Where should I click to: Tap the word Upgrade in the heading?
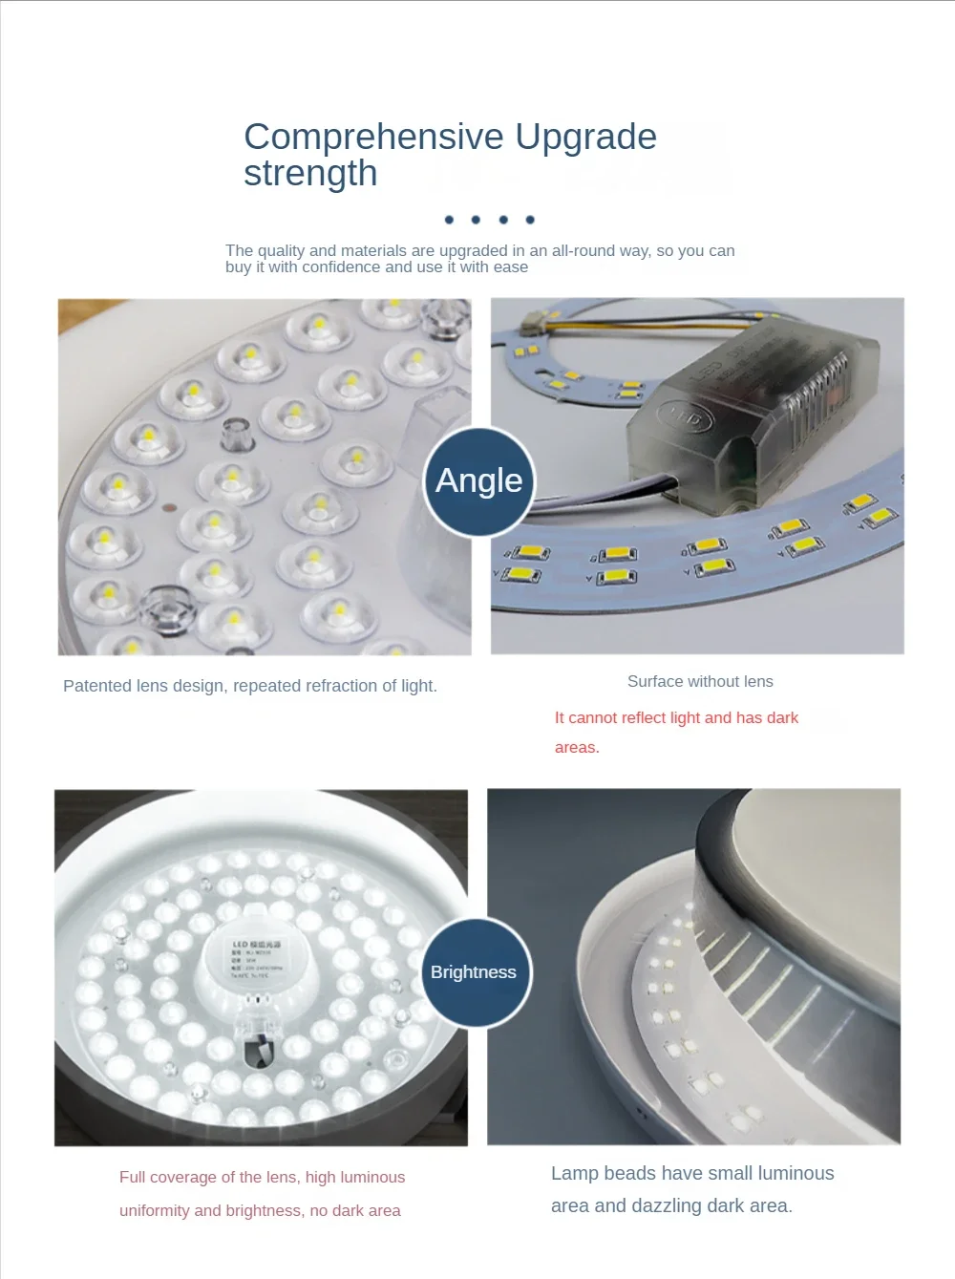(x=585, y=137)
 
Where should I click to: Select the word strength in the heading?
(x=310, y=174)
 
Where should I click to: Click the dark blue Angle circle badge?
(x=478, y=480)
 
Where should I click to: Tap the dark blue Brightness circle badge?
(x=474, y=972)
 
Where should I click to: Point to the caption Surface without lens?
(x=700, y=681)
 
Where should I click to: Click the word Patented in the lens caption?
(x=97, y=686)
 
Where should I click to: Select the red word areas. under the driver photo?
(x=577, y=747)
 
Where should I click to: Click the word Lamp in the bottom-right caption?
(x=575, y=1173)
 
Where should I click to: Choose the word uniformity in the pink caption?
(x=155, y=1210)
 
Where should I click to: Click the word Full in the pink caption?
(x=132, y=1177)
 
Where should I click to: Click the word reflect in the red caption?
(x=649, y=717)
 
